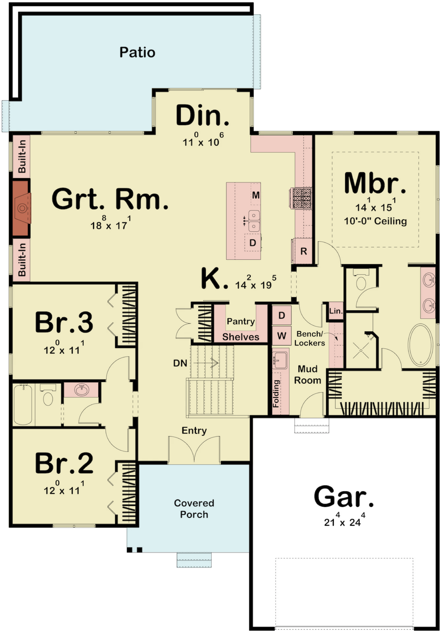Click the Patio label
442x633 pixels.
click(x=137, y=52)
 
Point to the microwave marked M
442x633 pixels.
click(x=256, y=195)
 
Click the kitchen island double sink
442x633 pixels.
click(x=254, y=221)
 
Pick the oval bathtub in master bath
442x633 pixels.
click(x=420, y=345)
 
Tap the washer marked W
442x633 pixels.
click(x=282, y=335)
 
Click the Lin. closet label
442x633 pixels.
click(x=336, y=311)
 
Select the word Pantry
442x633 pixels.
click(x=241, y=321)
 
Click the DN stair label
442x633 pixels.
click(x=180, y=363)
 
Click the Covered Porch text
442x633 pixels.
click(x=194, y=509)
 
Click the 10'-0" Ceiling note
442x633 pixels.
click(x=375, y=221)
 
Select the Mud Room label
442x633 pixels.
click(x=308, y=374)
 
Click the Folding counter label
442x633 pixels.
click(x=276, y=393)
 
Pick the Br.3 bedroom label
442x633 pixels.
click(x=64, y=322)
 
